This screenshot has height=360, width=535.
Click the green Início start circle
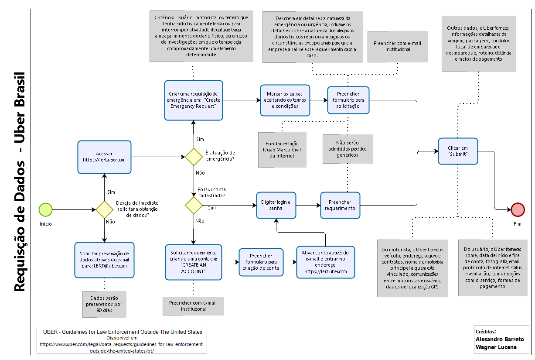[45, 209]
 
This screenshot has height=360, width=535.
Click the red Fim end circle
[518, 209]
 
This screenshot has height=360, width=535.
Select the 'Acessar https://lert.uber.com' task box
[104, 157]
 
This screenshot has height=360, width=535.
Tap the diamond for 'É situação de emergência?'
[194, 157]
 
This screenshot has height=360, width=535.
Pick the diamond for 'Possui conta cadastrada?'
[194, 205]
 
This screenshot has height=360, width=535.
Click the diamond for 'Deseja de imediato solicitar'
[104, 209]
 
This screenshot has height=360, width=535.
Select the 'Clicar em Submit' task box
[458, 151]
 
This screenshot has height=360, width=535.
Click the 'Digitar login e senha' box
[276, 205]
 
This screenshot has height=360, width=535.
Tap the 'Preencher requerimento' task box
[340, 205]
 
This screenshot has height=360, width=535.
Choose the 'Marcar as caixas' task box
[285, 100]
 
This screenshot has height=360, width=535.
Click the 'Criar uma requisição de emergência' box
[194, 100]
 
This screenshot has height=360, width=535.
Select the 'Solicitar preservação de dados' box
[104, 260]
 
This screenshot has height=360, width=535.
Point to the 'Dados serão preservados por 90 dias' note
[104, 304]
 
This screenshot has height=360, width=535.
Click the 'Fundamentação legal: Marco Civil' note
[282, 150]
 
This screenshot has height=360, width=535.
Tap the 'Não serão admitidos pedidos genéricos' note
[348, 149]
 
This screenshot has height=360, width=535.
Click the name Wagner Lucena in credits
[496, 347]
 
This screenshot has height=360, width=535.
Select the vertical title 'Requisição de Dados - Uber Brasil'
[20, 182]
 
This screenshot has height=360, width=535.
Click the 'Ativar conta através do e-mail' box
[326, 262]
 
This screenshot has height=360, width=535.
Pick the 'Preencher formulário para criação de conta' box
[261, 262]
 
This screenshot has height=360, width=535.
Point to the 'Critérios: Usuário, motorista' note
[201, 36]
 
